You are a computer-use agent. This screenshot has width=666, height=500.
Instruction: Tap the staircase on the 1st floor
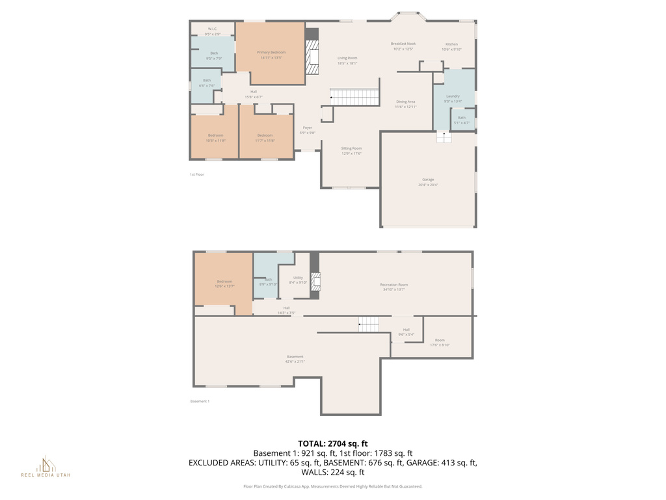[354, 97]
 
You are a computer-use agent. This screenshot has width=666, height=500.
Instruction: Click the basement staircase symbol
[369, 324]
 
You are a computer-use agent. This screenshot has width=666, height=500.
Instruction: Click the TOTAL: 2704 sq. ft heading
[332, 443]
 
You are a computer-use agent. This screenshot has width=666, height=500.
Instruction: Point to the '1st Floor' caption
[196, 174]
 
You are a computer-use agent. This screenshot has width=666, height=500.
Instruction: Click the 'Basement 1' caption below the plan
[199, 401]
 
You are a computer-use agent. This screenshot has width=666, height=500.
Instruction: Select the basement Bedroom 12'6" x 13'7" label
[224, 283]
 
